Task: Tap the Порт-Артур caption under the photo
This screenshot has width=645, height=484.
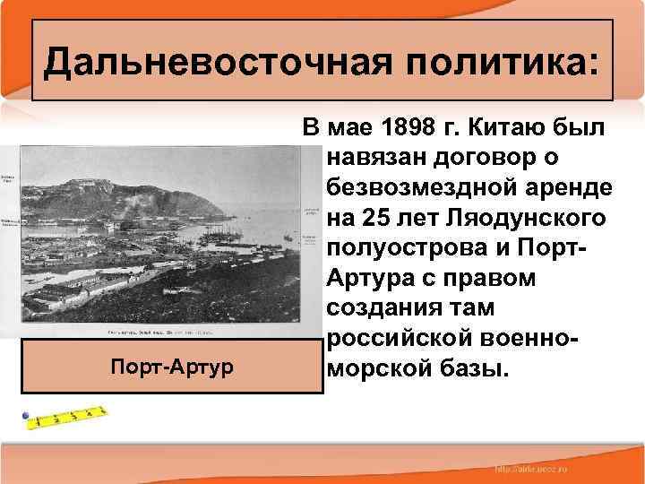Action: pos(171,367)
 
